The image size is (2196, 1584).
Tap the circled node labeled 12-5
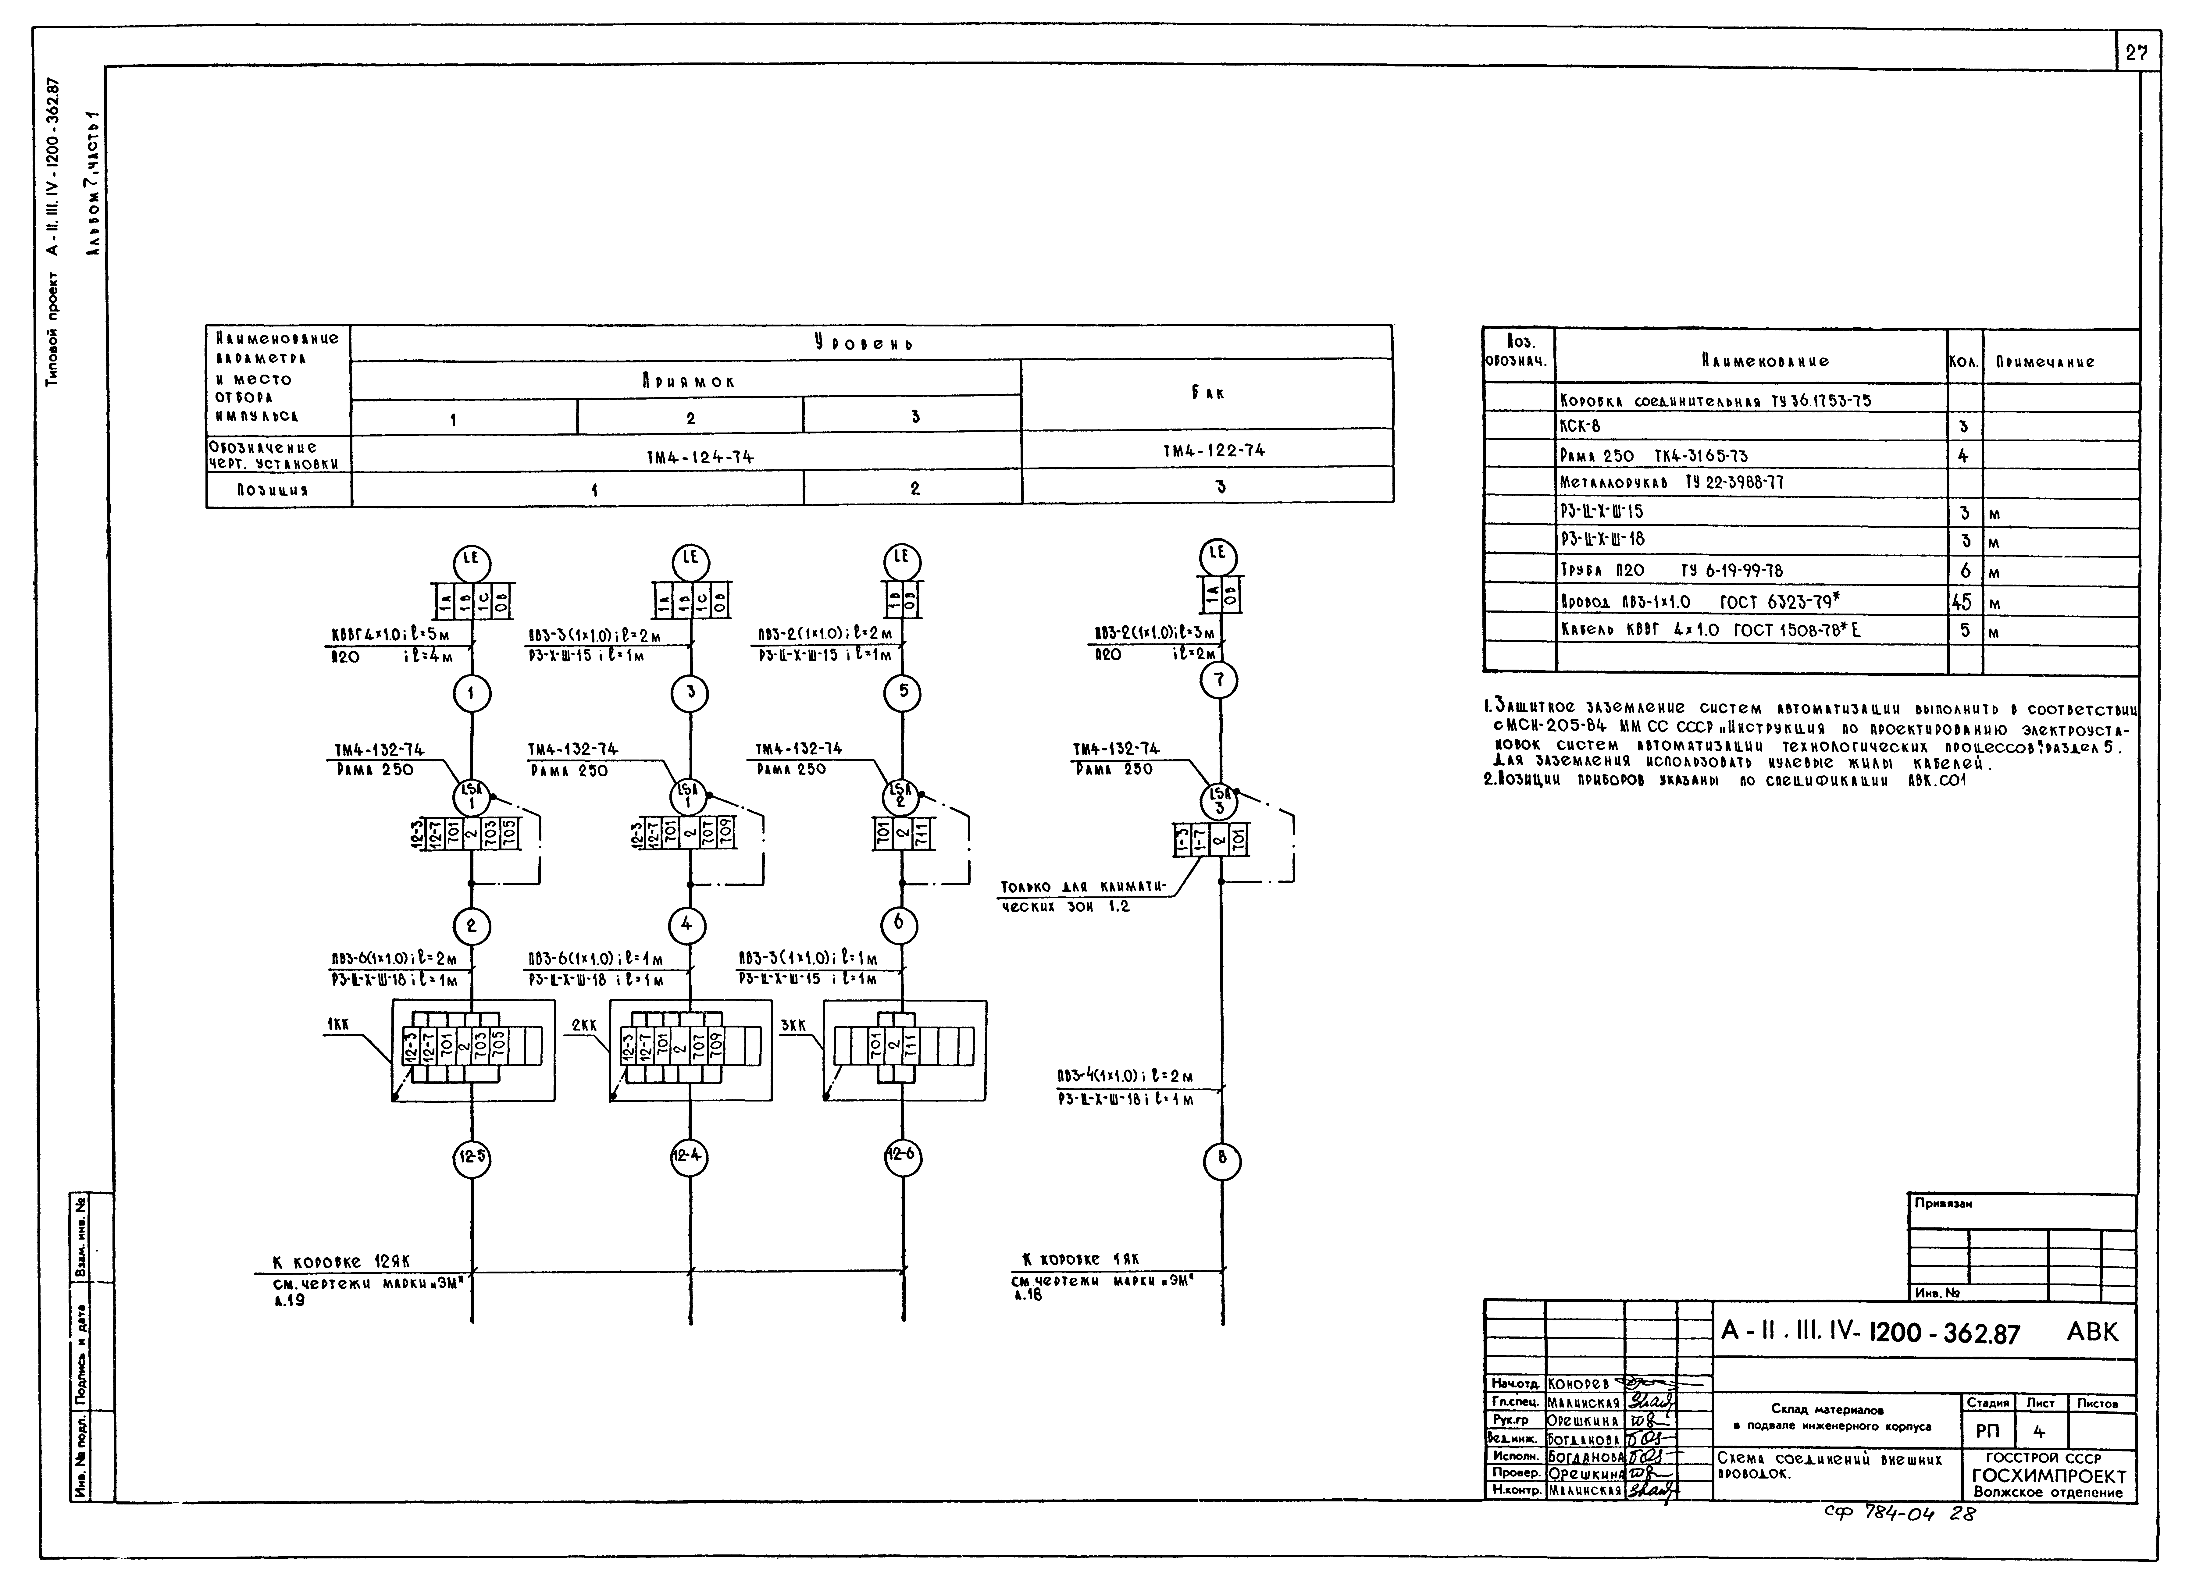tap(472, 1156)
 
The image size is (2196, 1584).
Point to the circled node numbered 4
tap(686, 925)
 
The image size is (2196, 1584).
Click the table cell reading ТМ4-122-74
tap(1213, 450)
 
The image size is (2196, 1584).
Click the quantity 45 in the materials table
tap(1962, 602)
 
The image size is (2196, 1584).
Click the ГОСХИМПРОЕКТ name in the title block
tap(2049, 1476)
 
